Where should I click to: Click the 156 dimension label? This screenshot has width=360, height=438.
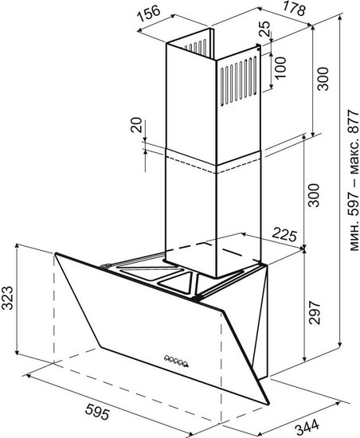click(150, 14)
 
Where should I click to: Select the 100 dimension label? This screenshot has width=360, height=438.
click(280, 68)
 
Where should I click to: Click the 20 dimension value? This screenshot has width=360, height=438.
click(136, 125)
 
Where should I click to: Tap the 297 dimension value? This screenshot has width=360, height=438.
click(314, 312)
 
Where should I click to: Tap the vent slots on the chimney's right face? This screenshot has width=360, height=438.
click(239, 81)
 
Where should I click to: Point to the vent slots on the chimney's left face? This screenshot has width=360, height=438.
click(194, 46)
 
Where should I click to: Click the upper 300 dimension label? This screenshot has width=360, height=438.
click(323, 79)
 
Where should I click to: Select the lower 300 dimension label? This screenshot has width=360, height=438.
click(314, 195)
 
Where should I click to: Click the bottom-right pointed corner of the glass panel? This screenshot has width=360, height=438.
click(268, 403)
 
